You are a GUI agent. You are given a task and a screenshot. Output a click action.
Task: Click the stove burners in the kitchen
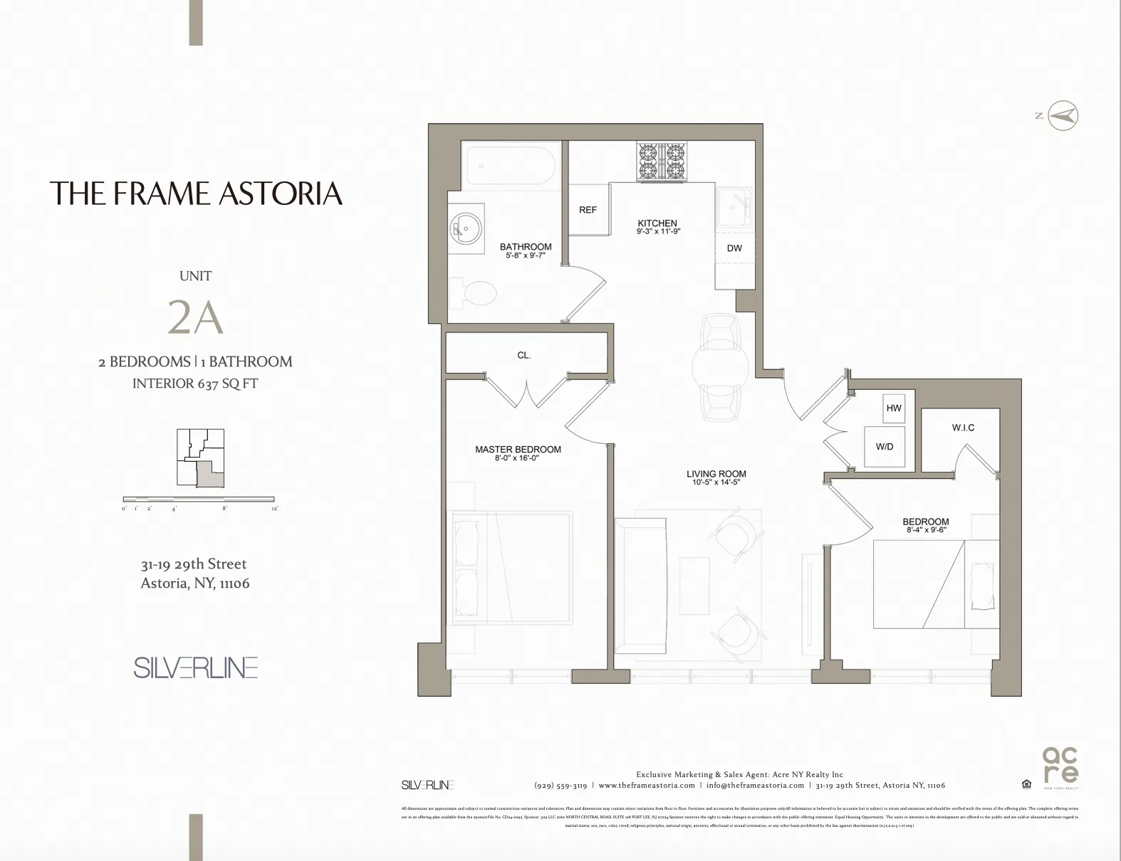(662, 161)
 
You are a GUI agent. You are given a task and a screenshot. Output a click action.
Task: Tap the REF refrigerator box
(588, 210)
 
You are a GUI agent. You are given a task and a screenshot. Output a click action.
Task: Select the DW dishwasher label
(734, 248)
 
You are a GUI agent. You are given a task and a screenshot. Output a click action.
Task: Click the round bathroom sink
(466, 228)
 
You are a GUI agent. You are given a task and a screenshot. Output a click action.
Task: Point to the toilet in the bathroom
(477, 293)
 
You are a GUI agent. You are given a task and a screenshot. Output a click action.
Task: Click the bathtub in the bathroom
(511, 167)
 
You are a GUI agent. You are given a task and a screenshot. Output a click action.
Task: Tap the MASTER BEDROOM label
(518, 449)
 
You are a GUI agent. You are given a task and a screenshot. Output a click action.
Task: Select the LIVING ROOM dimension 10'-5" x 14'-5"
(716, 482)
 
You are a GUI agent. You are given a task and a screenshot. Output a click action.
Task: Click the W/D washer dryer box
(885, 447)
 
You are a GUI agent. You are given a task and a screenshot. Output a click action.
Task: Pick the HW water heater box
(894, 408)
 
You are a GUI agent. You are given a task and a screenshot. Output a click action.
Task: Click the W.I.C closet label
(963, 428)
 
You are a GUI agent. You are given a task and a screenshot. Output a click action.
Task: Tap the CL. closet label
(524, 355)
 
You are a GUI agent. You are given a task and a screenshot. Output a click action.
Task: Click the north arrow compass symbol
(1063, 115)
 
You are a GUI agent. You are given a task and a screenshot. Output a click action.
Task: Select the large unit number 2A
(195, 317)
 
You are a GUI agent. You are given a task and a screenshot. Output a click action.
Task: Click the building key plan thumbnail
(200, 458)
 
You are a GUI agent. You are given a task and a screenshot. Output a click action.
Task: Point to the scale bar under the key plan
(199, 499)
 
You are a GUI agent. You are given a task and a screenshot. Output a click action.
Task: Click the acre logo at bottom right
(1060, 765)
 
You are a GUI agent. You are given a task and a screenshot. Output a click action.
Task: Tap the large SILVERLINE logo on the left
(195, 667)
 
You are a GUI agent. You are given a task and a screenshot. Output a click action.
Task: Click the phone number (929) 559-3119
(560, 786)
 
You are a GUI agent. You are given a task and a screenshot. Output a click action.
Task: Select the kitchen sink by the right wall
(734, 206)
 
